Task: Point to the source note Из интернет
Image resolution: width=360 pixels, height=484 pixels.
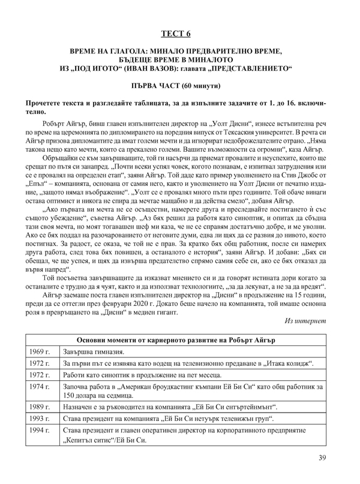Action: [305, 321]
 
